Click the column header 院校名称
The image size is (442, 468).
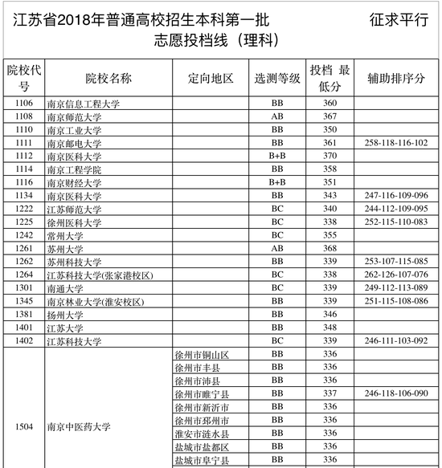[108, 78]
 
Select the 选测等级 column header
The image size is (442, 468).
[277, 78]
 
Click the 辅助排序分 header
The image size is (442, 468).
[396, 78]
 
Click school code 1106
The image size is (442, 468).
[24, 104]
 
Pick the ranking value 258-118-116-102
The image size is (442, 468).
[396, 143]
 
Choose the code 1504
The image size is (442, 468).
[24, 426]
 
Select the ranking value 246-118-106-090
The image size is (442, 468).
[396, 394]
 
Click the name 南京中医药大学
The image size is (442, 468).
[79, 426]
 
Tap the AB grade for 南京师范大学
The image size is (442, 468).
[277, 116]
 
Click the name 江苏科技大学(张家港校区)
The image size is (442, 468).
[100, 275]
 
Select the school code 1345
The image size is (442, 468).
[24, 302]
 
